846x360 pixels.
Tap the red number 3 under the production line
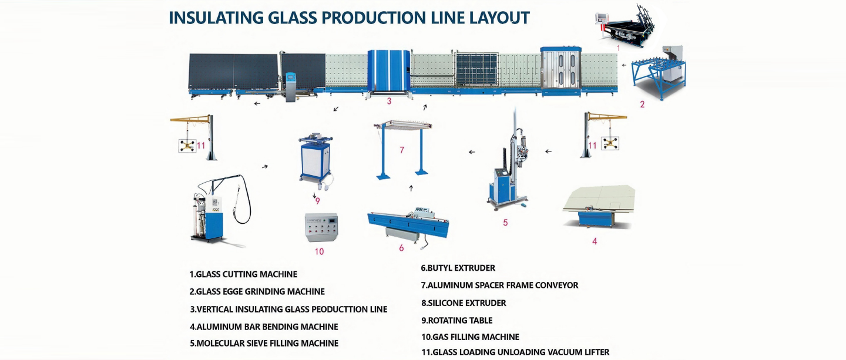point(389,101)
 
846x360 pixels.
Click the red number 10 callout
point(319,251)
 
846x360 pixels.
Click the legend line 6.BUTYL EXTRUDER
point(458,268)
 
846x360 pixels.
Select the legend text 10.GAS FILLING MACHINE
point(470,337)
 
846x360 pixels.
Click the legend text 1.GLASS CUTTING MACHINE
point(243,274)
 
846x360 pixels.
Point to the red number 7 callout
point(402,150)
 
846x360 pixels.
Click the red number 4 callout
point(595,241)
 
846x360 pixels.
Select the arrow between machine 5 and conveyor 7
point(472,153)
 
